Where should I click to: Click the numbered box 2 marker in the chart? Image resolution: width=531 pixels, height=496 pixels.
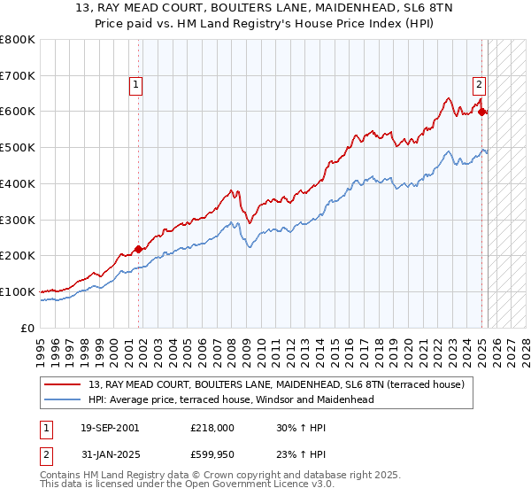(x=479, y=85)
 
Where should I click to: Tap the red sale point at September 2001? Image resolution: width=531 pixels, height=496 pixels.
(x=138, y=249)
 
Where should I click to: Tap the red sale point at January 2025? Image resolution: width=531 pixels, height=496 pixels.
(x=481, y=112)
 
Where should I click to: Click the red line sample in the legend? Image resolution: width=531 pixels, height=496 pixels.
(x=64, y=384)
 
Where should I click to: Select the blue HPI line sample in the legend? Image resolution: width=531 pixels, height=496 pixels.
(x=64, y=399)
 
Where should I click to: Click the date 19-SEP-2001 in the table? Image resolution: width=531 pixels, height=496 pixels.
(x=110, y=428)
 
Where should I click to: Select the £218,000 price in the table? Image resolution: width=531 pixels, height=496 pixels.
(x=212, y=428)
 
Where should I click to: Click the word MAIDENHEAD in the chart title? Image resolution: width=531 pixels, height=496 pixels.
(x=336, y=9)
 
